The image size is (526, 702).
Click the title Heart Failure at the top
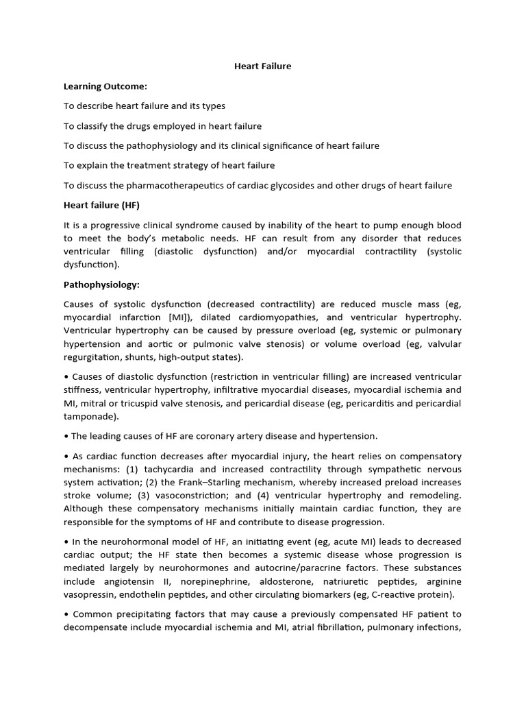[x=263, y=66]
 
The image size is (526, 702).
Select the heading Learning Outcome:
[x=105, y=86]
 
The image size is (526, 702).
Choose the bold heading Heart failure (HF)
[x=101, y=205]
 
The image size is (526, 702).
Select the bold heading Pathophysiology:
[x=101, y=284]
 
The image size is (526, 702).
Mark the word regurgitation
[x=94, y=357]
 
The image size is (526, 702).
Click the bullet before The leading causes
[x=66, y=436]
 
